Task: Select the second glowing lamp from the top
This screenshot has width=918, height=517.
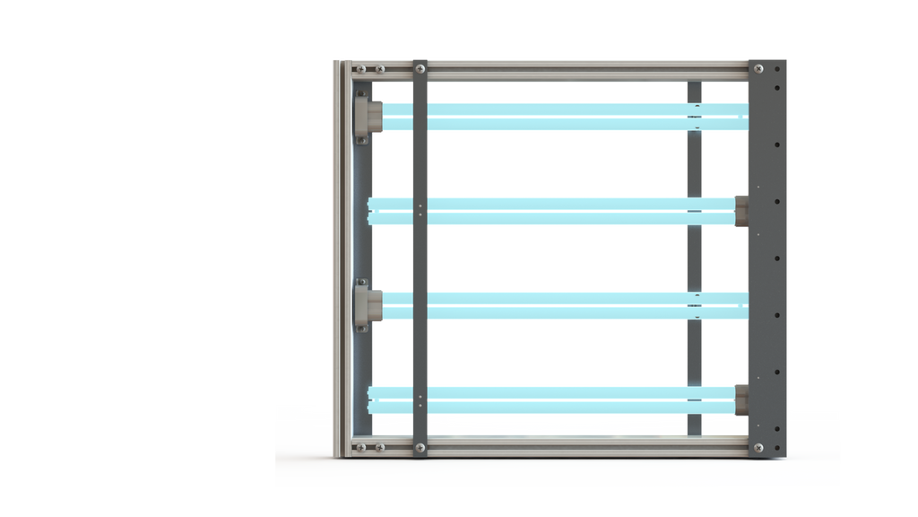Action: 556,211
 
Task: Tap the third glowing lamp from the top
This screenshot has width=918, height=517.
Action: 556,305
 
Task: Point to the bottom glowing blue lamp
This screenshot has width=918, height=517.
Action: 556,399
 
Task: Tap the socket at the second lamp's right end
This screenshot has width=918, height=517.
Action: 741,211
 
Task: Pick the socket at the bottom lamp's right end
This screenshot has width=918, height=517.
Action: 741,399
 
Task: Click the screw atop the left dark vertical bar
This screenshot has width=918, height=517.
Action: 420,68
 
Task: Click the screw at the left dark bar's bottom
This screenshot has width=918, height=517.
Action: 420,446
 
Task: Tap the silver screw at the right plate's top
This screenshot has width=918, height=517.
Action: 758,69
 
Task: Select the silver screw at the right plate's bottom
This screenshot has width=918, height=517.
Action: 758,446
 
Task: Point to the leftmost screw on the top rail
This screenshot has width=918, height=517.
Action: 361,69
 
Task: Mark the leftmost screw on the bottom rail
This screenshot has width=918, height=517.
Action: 361,446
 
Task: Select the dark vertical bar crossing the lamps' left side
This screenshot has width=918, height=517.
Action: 420,260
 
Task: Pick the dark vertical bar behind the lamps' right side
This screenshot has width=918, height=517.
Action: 695,260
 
